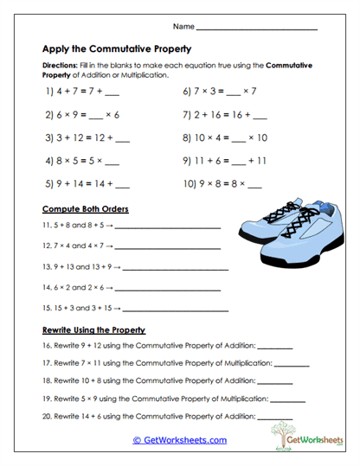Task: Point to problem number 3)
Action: click(x=49, y=137)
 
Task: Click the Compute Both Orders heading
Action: click(x=85, y=209)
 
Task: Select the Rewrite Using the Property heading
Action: click(x=93, y=330)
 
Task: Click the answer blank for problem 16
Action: click(x=275, y=347)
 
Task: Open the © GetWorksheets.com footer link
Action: click(x=179, y=440)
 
